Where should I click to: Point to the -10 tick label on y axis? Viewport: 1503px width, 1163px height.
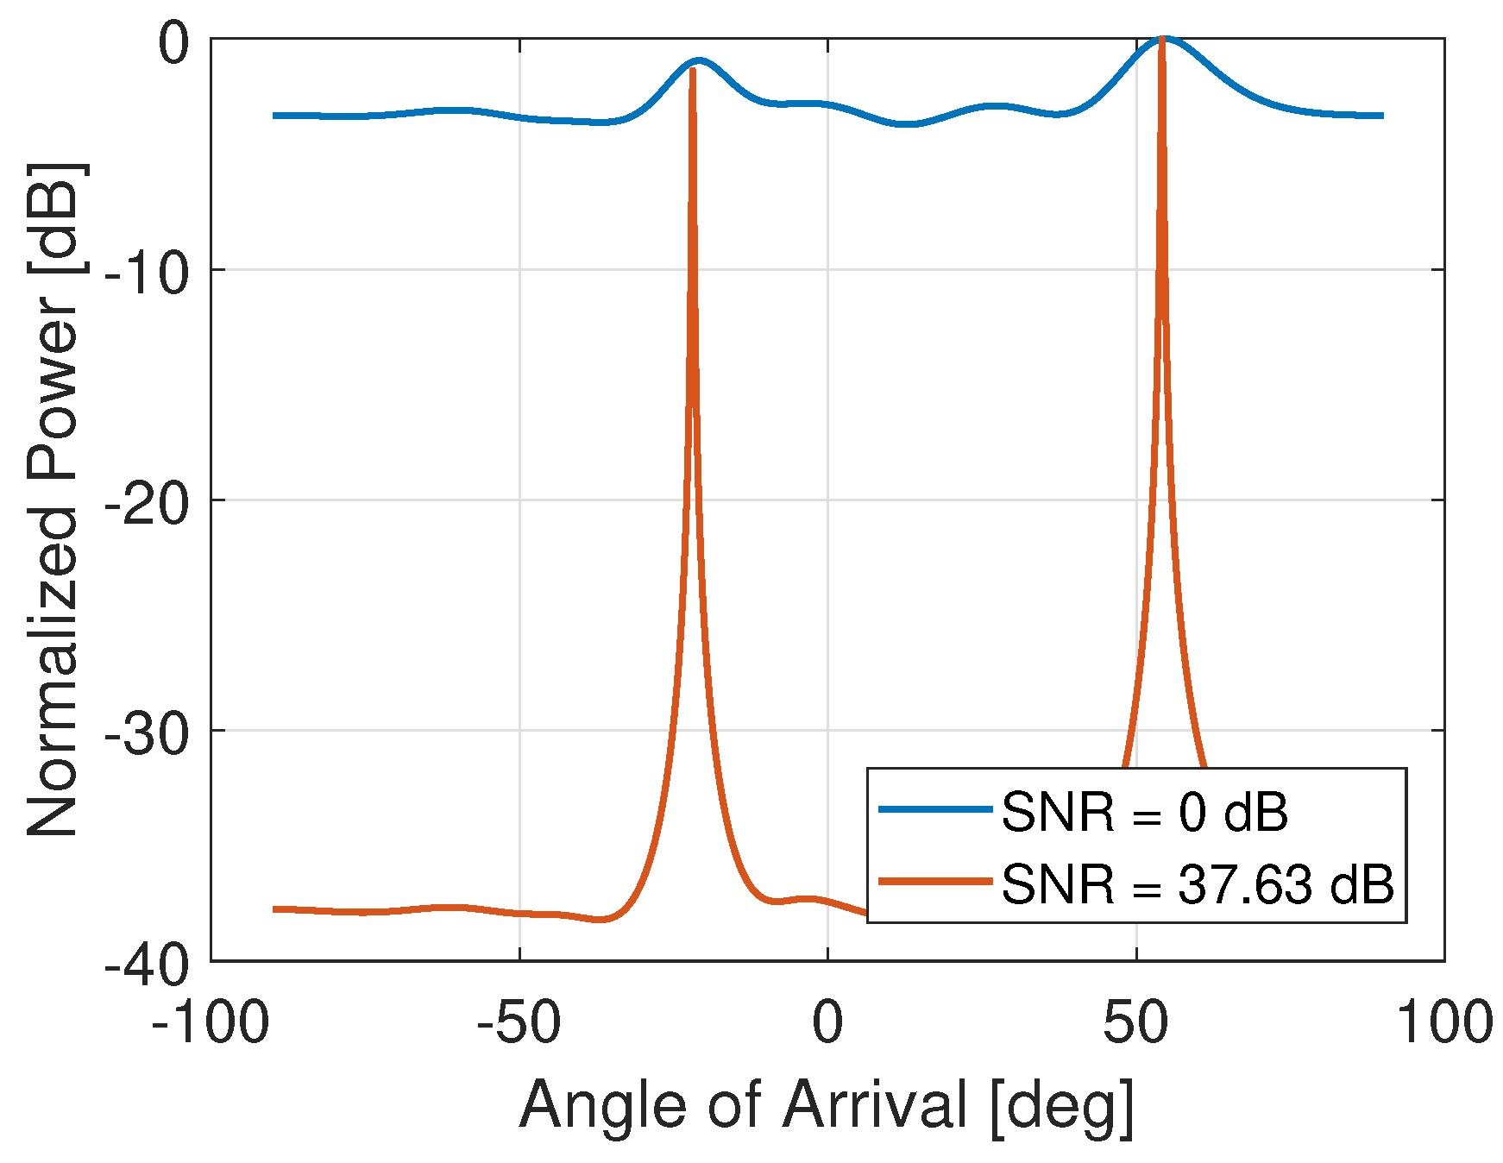pos(147,274)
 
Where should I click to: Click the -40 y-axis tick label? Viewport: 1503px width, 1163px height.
pos(147,965)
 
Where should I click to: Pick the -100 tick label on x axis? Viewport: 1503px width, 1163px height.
pos(211,1023)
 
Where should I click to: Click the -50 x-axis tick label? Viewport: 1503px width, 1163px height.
pos(519,1023)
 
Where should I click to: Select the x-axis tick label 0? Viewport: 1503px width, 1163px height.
pos(827,1023)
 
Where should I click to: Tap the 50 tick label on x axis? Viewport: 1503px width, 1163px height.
pos(1135,1023)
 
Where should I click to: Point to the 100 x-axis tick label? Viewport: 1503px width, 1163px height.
pos(1444,1023)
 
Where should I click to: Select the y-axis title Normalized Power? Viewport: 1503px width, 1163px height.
pos(53,499)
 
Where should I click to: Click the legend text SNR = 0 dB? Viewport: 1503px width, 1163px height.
pos(1144,813)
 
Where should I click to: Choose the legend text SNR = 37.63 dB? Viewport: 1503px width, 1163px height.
pos(1198,884)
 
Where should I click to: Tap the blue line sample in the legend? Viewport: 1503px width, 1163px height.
pos(935,809)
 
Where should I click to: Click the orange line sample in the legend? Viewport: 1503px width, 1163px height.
pos(935,881)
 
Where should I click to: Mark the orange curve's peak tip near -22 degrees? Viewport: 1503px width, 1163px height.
pos(692,70)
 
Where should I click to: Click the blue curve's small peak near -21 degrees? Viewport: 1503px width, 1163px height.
pos(699,60)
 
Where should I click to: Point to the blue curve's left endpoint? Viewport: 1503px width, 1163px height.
pos(274,115)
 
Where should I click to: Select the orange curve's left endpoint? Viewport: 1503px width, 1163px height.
pos(274,909)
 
